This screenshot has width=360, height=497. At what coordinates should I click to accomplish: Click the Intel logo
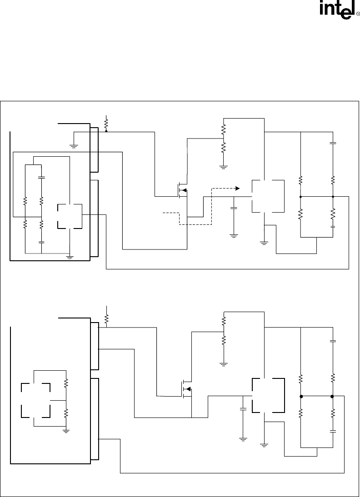337,11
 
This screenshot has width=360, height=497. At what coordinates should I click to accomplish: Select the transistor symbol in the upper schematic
183,190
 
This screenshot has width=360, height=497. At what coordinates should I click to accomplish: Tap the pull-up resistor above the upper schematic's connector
106,123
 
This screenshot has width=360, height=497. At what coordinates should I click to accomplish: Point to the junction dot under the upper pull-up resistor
106,131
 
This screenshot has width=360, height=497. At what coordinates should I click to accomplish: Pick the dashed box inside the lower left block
35,400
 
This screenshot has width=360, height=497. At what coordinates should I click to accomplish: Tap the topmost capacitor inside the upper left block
41,177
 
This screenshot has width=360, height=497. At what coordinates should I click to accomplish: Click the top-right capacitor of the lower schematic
333,340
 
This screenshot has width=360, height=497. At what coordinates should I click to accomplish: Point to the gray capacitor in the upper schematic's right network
333,226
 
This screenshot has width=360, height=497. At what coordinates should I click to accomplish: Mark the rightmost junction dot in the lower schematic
333,396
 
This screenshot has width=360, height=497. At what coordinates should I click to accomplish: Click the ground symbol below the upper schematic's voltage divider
223,167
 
